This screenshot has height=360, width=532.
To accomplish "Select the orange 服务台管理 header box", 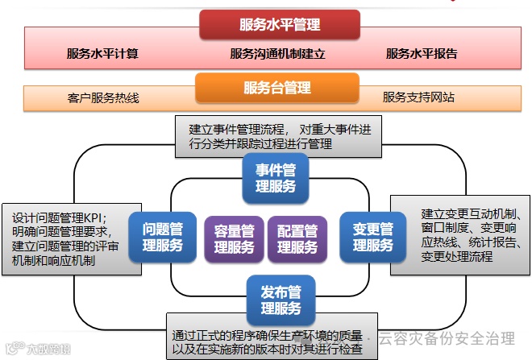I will (x=276, y=87).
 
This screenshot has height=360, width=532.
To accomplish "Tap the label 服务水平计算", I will (x=102, y=54).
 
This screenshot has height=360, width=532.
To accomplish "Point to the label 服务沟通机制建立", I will (x=276, y=54).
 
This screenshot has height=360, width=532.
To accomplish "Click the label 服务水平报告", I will (x=422, y=54).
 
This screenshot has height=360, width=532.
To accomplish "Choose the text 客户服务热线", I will (x=103, y=97).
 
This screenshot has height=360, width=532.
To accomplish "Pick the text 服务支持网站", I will (x=418, y=97).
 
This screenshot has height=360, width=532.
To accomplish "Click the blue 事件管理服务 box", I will (x=276, y=178).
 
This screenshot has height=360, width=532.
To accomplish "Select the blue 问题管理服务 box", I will (x=163, y=237).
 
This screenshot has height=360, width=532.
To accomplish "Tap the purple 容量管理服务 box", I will (x=234, y=239).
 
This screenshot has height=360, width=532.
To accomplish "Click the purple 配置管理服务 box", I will (x=297, y=239).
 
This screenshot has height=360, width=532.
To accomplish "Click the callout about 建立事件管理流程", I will (x=279, y=135).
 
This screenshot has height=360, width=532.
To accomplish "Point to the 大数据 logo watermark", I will (x=37, y=350).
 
